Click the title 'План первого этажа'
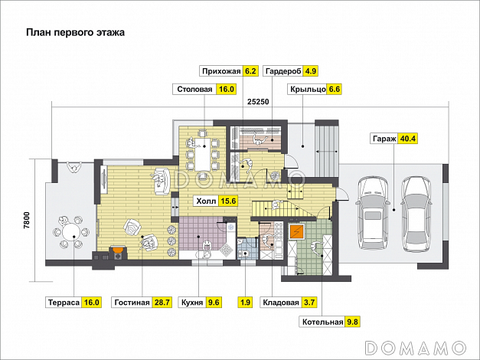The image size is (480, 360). tap(75, 32)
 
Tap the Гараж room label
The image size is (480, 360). tap(384, 139)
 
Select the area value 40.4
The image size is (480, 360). tap(408, 139)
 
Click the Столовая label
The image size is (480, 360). tap(194, 89)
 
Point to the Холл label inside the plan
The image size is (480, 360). tap(206, 201)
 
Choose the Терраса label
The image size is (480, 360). tap(64, 303)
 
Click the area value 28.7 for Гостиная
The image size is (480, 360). tap(162, 303)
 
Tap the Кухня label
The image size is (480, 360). tap(192, 303)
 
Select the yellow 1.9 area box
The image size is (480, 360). tap(245, 303)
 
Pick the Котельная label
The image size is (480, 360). tap(322, 322)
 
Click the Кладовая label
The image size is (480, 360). tap(281, 303)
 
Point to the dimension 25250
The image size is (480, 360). tap(258, 101)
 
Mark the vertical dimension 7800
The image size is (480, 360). tap(27, 221)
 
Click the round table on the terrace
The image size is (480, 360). tap(71, 232)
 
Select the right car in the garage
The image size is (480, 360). tap(416, 214)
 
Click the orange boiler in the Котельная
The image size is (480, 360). tap(296, 232)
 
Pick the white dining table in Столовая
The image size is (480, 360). tap(203, 155)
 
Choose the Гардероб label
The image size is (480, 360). tap(283, 71)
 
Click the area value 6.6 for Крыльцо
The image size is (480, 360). tap(334, 89)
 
